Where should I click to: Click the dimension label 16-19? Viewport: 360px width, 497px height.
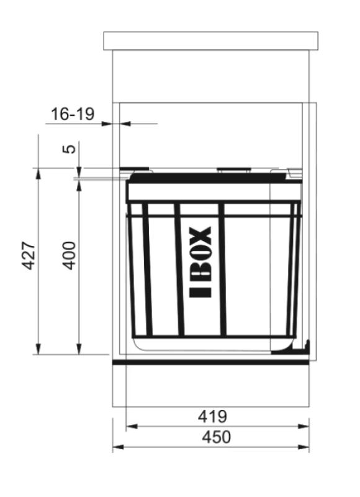(72, 114)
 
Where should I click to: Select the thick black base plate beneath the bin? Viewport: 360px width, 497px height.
(210, 361)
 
